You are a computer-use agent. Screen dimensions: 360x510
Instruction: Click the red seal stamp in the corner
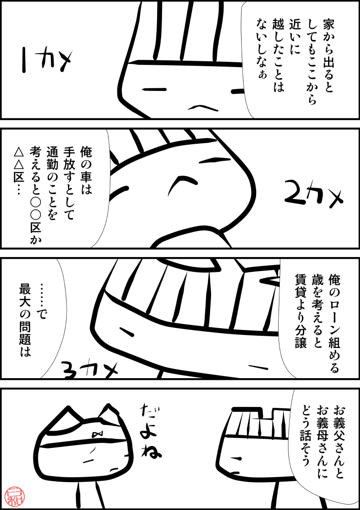[12, 496]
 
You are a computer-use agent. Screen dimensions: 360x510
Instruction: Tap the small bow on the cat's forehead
[97, 433]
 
